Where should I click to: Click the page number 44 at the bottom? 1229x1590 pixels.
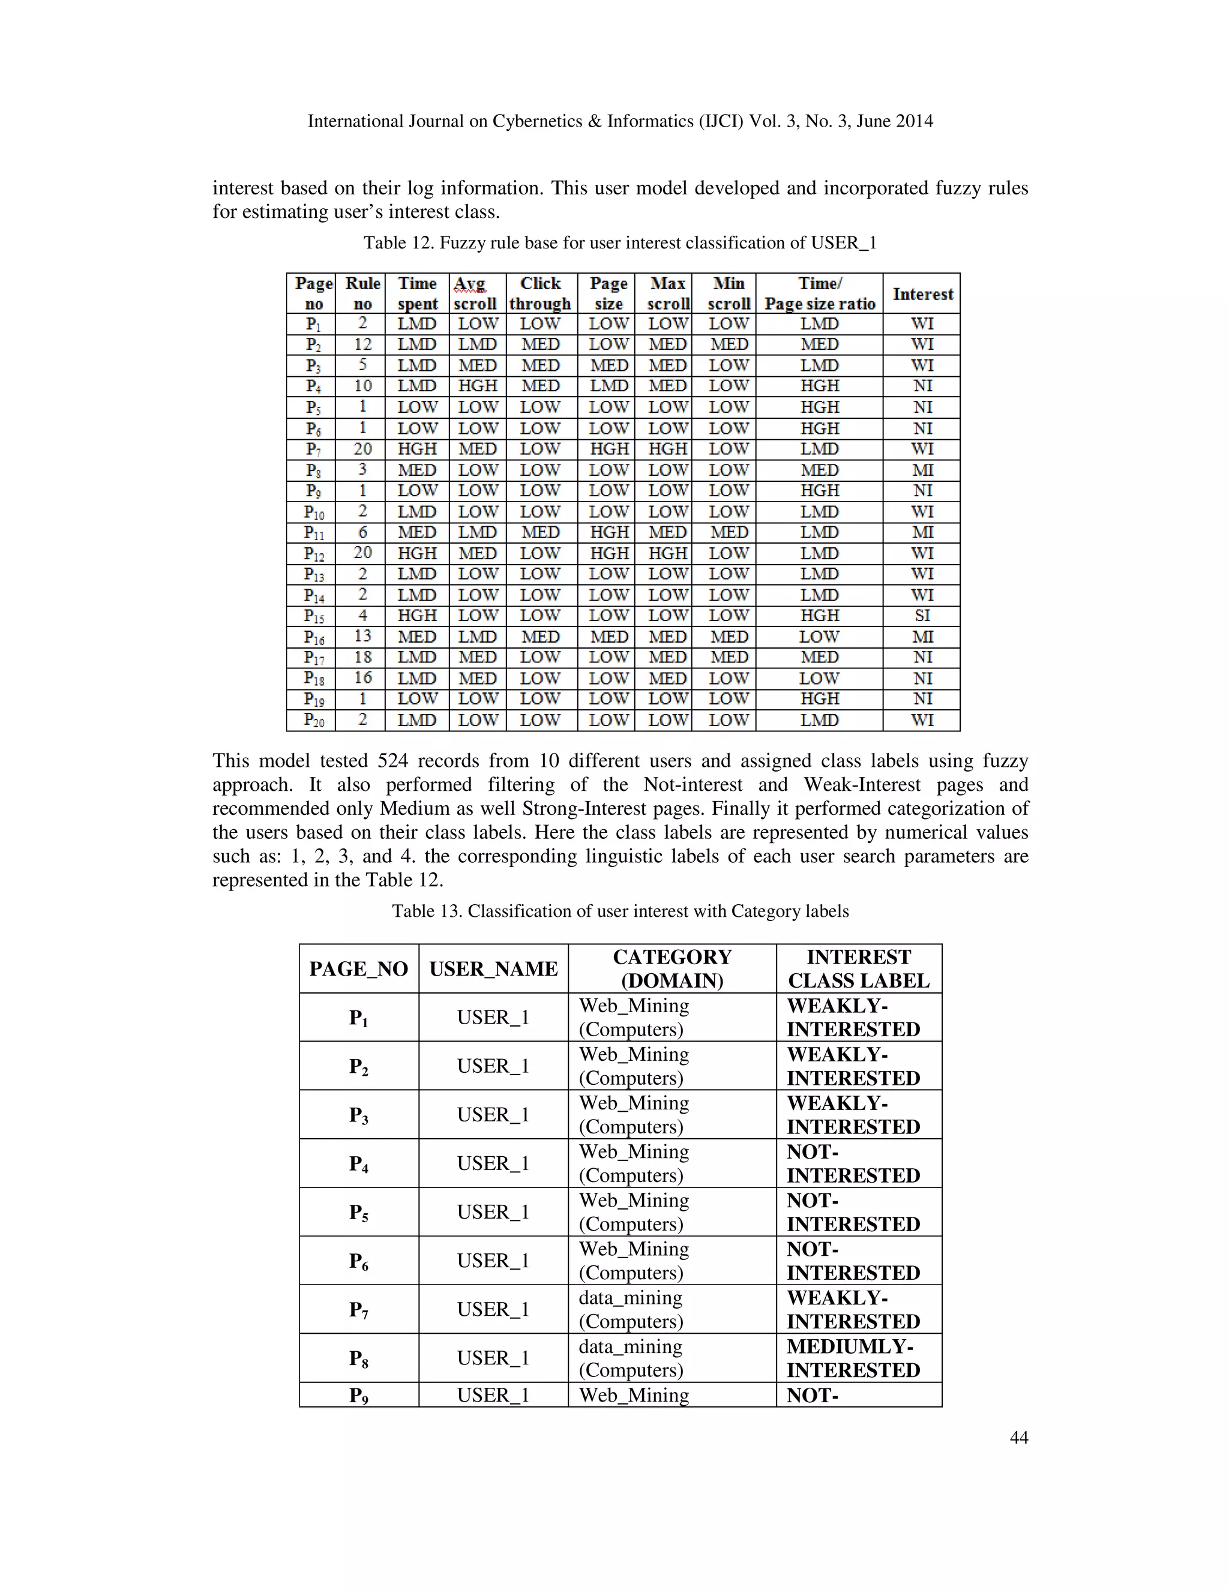1018,1437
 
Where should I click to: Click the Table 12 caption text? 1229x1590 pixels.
619,242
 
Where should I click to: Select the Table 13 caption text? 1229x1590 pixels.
619,911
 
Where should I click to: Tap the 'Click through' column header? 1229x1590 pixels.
540,293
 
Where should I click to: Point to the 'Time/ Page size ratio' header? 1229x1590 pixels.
819,293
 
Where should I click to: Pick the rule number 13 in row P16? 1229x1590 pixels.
362,636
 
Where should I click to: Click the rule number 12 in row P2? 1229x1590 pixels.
362,344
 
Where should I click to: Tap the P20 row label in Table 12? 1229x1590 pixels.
314,720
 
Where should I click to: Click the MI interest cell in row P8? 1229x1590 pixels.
922,470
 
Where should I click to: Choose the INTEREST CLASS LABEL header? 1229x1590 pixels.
858,968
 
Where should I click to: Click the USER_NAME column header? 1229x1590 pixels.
493,968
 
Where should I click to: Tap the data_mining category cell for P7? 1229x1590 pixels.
631,1309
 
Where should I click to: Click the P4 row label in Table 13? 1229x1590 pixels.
358,1163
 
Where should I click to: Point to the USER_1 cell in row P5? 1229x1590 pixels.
493,1212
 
